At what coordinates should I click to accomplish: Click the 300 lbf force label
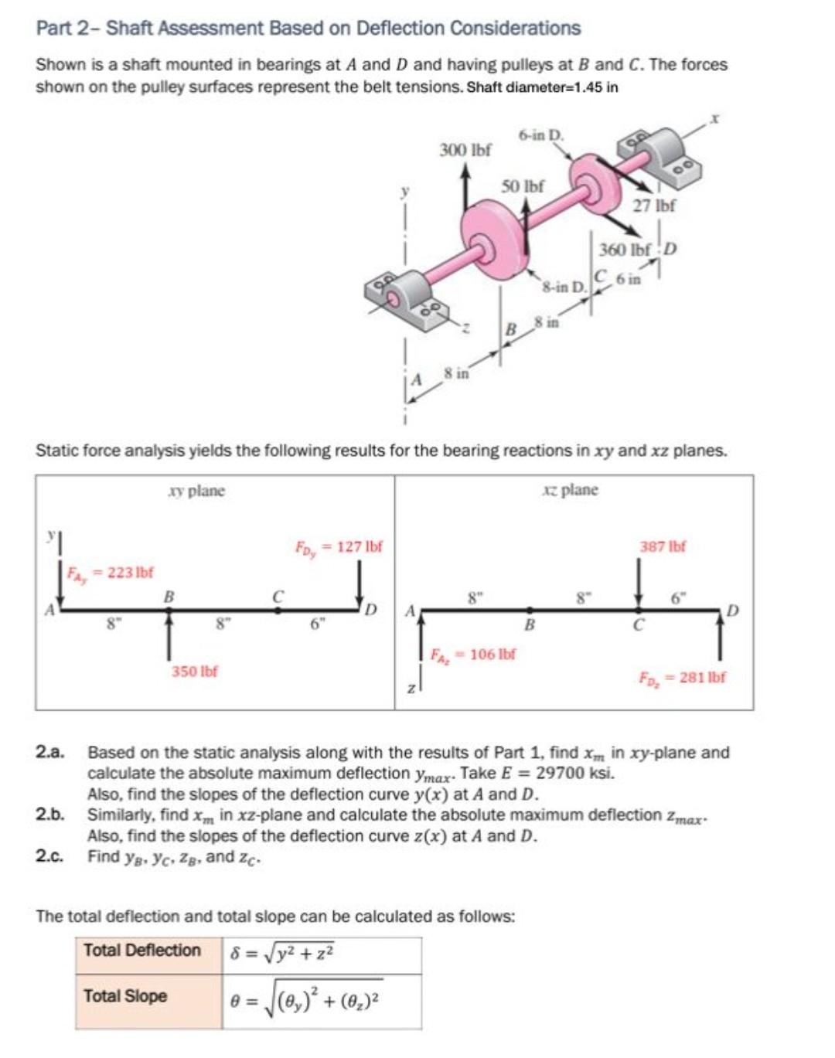click(465, 150)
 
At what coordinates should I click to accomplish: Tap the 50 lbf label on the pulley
click(522, 186)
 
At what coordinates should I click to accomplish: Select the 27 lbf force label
click(653, 206)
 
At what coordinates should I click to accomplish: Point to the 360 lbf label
click(625, 250)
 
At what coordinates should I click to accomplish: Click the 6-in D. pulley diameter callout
click(541, 135)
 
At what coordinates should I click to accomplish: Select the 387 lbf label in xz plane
click(663, 546)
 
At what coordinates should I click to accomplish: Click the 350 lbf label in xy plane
click(194, 671)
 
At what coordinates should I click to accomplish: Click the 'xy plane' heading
click(196, 491)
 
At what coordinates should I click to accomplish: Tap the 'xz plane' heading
click(570, 490)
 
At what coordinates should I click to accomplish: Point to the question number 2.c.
click(49, 856)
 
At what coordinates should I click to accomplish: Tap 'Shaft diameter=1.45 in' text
click(542, 87)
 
